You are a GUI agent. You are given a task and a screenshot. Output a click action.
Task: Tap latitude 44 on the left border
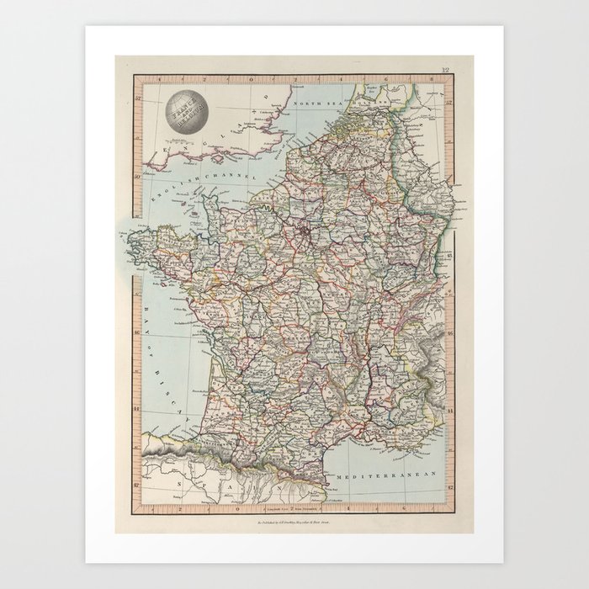coord(135,410)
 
